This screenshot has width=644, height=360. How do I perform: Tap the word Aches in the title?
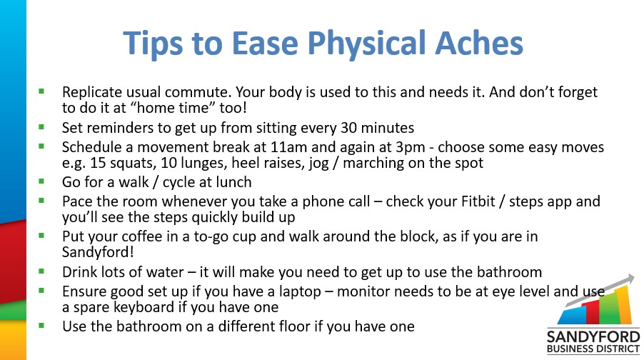[x=479, y=43]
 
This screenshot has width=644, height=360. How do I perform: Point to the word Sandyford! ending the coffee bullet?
[x=98, y=252]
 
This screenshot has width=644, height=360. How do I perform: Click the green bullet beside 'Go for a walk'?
[x=41, y=181]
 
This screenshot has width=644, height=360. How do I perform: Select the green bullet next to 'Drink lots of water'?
[x=41, y=271]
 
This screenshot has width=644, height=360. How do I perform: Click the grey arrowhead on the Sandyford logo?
[x=629, y=279]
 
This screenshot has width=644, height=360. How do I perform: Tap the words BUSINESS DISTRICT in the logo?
[x=593, y=349]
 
